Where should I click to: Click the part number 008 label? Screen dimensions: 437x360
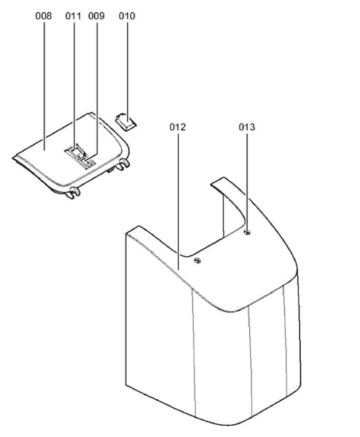(43, 16)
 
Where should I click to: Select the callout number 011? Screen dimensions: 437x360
(73, 16)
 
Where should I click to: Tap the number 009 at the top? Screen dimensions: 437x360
(96, 16)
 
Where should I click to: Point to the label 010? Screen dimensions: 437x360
(127, 16)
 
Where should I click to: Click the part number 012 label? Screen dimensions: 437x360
(178, 127)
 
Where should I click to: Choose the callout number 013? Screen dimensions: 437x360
(247, 127)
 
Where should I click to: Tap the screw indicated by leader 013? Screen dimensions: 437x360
(248, 233)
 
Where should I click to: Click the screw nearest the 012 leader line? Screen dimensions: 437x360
(198, 261)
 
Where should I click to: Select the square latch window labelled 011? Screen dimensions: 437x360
(74, 150)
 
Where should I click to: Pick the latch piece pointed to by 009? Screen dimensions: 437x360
(87, 161)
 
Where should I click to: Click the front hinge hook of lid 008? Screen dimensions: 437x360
(73, 192)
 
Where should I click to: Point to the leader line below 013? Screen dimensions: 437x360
(247, 179)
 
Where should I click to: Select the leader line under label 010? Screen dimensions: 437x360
(127, 66)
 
